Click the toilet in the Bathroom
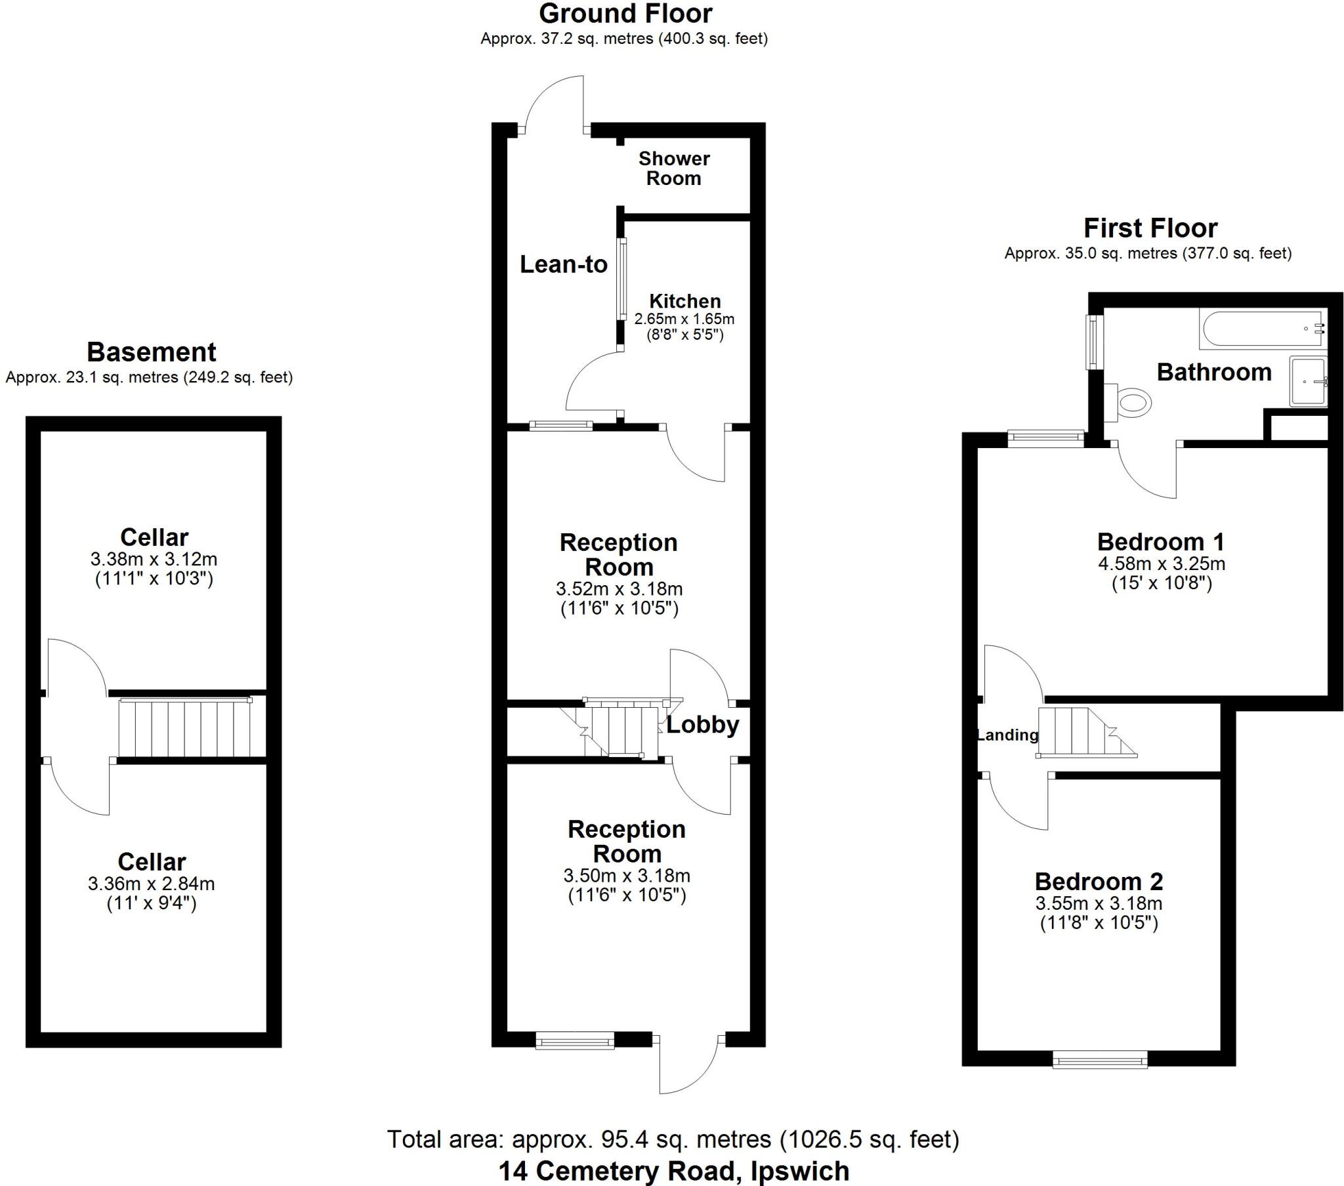(1131, 401)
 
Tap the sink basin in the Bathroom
(1308, 381)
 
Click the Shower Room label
(674, 169)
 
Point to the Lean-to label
(564, 264)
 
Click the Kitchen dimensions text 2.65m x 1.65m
(684, 319)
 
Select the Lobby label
(702, 724)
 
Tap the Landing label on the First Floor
(1007, 735)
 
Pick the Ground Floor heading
(625, 14)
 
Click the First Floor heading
(1150, 228)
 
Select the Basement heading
(151, 352)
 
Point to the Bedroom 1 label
(1161, 542)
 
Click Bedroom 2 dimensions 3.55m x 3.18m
(1099, 903)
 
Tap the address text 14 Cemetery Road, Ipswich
(673, 1171)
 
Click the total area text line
(673, 1139)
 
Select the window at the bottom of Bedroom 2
(1099, 1059)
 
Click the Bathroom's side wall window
(1093, 342)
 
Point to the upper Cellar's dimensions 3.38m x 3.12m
(154, 560)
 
